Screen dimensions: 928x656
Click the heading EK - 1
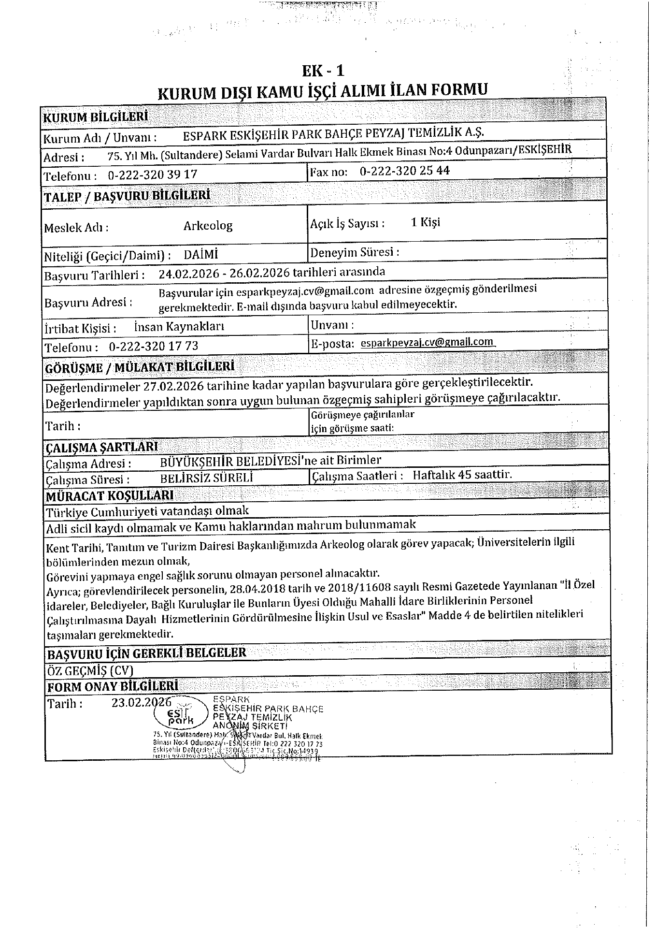pos(323,71)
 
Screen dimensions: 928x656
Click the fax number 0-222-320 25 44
pos(405,171)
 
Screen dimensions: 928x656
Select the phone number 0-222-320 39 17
pos(153,174)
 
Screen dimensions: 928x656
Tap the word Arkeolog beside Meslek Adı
pos(208,226)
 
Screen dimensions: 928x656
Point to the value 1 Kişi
pos(425,222)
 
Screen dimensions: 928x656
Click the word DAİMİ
pos(201,254)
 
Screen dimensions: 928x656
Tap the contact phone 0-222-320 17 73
pos(154,346)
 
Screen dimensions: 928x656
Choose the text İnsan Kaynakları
pos(179,327)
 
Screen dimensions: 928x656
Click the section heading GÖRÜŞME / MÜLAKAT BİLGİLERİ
pos(140,367)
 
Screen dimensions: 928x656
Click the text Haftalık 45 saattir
pos(462,474)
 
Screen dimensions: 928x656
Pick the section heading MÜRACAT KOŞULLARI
pos(110,495)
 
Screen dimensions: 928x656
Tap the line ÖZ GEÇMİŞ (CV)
pos(89,670)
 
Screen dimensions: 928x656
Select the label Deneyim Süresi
pos(355,252)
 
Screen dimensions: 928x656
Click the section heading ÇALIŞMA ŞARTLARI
pos(101,446)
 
